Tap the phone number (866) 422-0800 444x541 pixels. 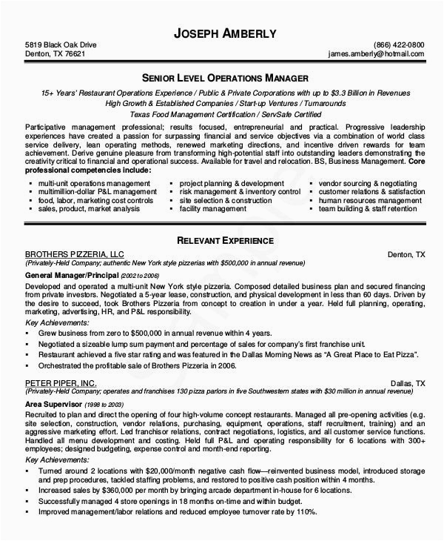pyautogui.click(x=400, y=44)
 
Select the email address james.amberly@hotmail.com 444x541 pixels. pyautogui.click(x=377, y=54)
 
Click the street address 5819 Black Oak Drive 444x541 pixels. pyautogui.click(x=61, y=44)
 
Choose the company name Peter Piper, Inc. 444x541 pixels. pyautogui.click(x=61, y=382)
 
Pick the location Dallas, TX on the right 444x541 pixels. pyautogui.click(x=408, y=382)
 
